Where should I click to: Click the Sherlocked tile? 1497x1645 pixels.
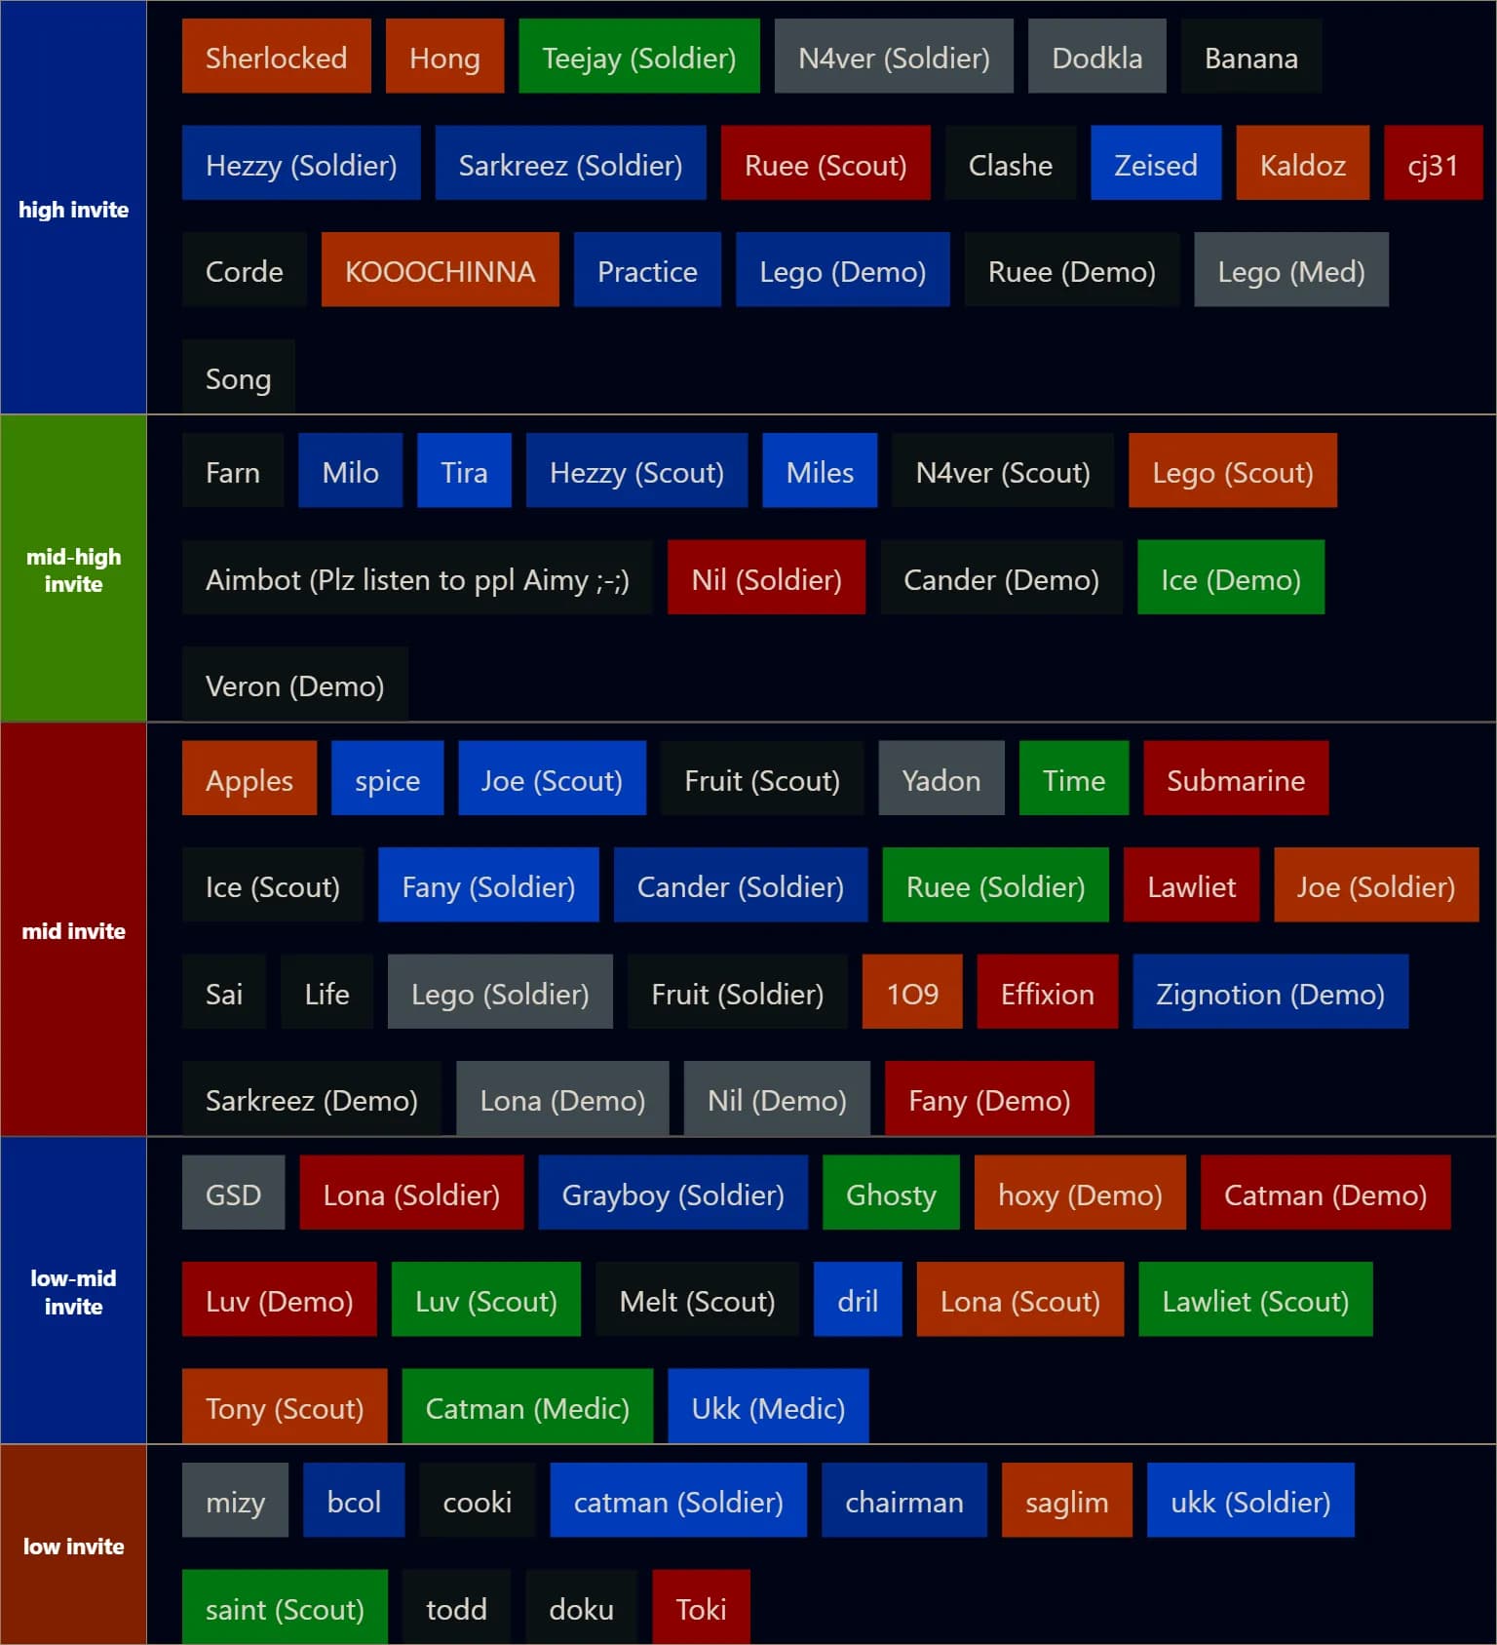click(276, 58)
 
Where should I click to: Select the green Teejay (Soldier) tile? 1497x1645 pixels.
click(638, 58)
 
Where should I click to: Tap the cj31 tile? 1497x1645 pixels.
click(1433, 164)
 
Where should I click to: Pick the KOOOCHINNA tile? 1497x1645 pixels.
click(440, 270)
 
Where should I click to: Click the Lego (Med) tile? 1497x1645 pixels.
click(1290, 270)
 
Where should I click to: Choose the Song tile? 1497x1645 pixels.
click(238, 377)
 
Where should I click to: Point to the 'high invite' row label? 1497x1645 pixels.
click(73, 209)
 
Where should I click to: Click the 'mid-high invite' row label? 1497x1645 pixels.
click(73, 569)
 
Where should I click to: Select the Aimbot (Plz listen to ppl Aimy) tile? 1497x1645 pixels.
click(417, 578)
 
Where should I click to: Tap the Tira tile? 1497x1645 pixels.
click(464, 471)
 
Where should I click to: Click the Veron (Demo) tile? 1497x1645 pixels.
click(294, 685)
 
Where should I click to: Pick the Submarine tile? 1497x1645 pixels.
click(1235, 779)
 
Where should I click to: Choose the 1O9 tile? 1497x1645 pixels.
click(911, 993)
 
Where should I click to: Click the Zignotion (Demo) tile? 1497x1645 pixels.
click(1269, 993)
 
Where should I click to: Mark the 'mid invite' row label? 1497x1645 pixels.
click(73, 930)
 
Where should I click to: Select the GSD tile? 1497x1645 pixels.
click(233, 1194)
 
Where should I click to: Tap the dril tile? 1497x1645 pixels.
click(858, 1300)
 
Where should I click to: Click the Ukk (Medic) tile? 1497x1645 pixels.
click(767, 1407)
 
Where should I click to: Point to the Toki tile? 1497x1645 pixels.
click(701, 1608)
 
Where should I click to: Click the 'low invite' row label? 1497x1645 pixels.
click(73, 1546)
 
